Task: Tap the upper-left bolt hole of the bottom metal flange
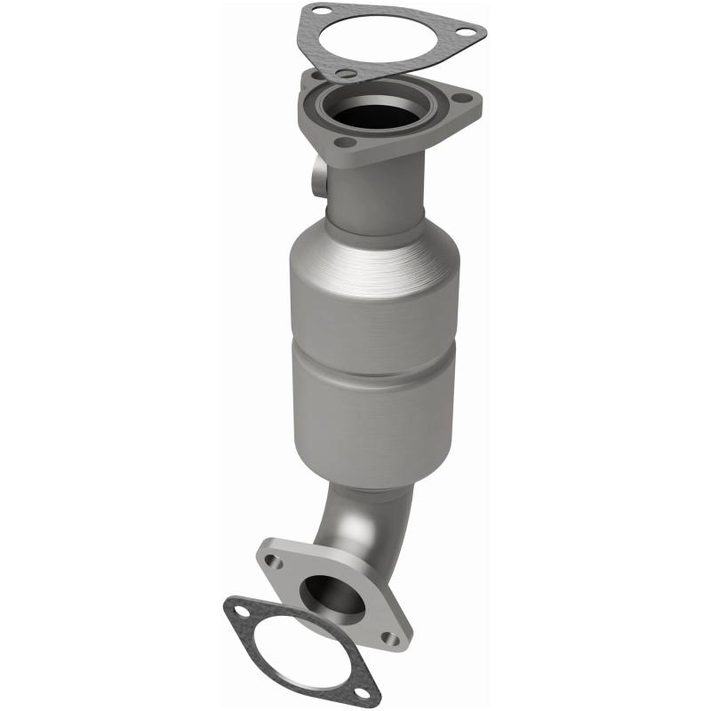click(275, 562)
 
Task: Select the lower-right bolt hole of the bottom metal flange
click(387, 636)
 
